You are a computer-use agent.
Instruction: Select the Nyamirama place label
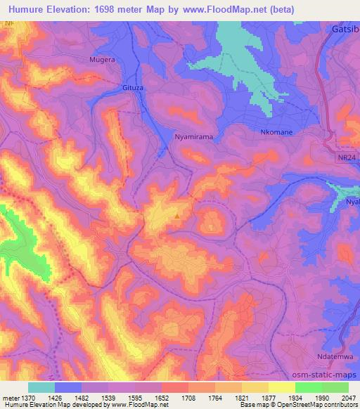tap(194, 138)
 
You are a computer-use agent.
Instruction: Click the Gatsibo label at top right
tap(345, 32)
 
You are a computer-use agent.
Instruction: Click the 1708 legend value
tap(189, 397)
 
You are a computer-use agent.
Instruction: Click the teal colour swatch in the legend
tap(41, 387)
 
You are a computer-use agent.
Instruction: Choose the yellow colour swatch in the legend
tap(282, 387)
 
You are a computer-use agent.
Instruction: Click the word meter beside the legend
tap(11, 397)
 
